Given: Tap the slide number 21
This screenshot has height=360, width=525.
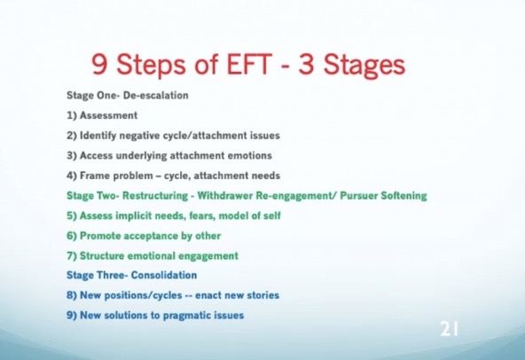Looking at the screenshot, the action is click(x=449, y=329).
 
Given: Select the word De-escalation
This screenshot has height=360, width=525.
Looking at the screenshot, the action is click(x=156, y=96).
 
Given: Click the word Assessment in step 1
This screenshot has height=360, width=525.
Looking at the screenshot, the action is click(x=108, y=115).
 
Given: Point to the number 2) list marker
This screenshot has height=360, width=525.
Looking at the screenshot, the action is click(x=72, y=136).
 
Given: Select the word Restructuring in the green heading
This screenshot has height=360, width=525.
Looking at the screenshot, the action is click(x=155, y=196).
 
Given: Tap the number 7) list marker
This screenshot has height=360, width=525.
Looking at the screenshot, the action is click(x=72, y=256).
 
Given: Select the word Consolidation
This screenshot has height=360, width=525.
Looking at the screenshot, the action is click(x=164, y=275).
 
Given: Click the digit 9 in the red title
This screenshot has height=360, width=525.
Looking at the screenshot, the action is click(x=100, y=64).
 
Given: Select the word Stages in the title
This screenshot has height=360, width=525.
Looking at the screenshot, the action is click(x=364, y=65).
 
